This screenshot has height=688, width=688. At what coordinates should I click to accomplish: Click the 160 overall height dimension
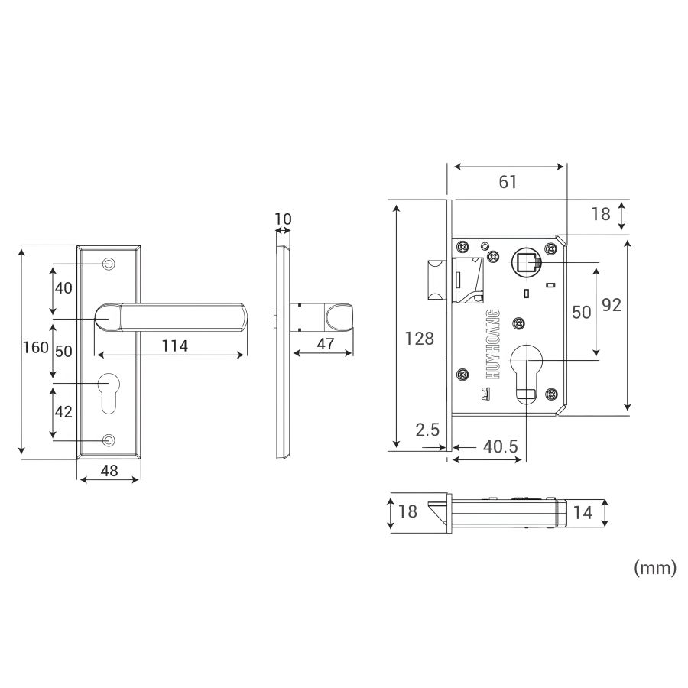[36, 348]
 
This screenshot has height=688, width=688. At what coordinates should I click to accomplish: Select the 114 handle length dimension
[174, 346]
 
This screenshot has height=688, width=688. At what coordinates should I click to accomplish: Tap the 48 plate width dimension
[109, 470]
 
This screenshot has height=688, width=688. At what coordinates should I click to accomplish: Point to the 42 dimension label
[63, 411]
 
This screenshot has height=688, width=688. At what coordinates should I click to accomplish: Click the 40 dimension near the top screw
[63, 288]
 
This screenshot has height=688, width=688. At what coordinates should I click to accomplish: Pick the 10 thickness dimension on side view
[283, 219]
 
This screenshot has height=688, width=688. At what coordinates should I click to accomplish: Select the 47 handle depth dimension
[326, 344]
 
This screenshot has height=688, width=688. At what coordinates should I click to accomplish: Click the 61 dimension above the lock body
[508, 182]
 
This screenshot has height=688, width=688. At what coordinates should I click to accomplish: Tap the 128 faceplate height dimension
[419, 339]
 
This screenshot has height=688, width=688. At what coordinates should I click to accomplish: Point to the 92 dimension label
[612, 306]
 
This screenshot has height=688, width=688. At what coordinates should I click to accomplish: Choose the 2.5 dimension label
[428, 430]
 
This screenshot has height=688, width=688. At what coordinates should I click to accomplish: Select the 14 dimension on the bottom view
[583, 513]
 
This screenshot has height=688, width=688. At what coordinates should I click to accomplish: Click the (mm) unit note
[654, 569]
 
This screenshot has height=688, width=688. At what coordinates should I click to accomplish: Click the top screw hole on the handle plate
[109, 264]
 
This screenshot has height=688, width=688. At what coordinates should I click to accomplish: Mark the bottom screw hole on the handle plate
[109, 440]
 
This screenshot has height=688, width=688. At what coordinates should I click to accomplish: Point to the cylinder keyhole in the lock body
[526, 370]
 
